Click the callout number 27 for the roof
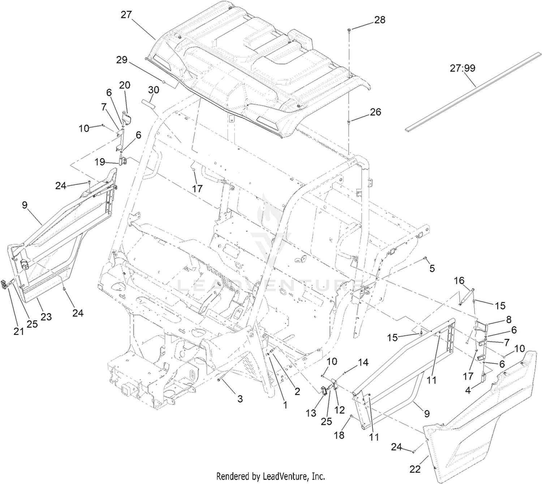point(126,14)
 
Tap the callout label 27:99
point(462,68)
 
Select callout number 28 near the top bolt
point(380,20)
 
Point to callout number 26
point(375,112)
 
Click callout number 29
point(122,60)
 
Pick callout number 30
point(154,90)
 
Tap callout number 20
point(125,85)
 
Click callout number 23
point(46,317)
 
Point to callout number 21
point(19,331)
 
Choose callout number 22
point(415,469)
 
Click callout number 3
point(240,399)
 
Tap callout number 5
point(432,268)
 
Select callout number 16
point(459,281)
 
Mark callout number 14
point(363,363)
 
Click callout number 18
point(339,435)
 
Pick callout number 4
point(468,391)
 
